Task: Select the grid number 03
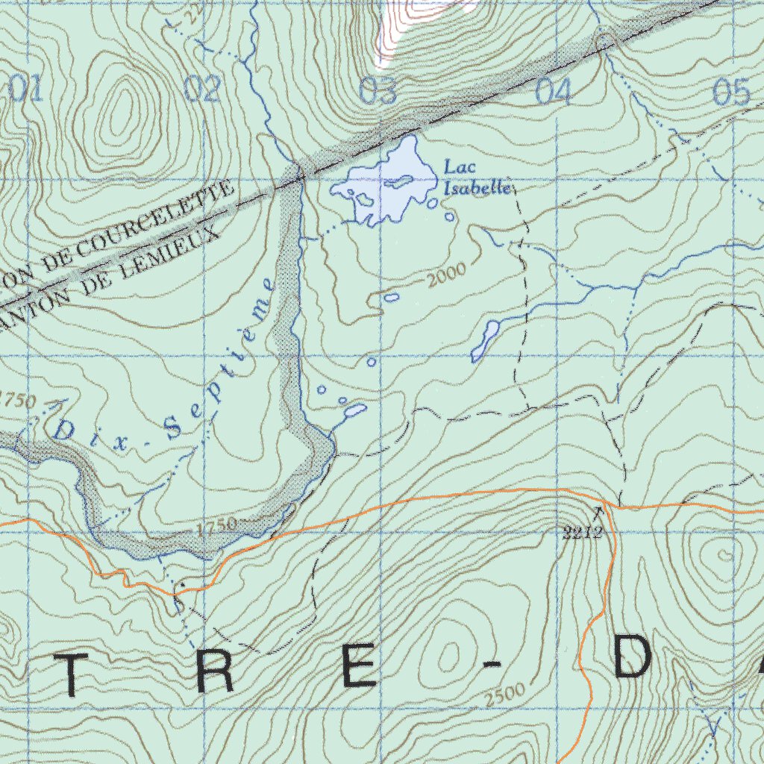(x=378, y=91)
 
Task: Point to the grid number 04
(x=554, y=92)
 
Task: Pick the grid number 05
(x=731, y=92)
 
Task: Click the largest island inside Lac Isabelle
(x=399, y=181)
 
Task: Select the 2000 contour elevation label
(x=446, y=274)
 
